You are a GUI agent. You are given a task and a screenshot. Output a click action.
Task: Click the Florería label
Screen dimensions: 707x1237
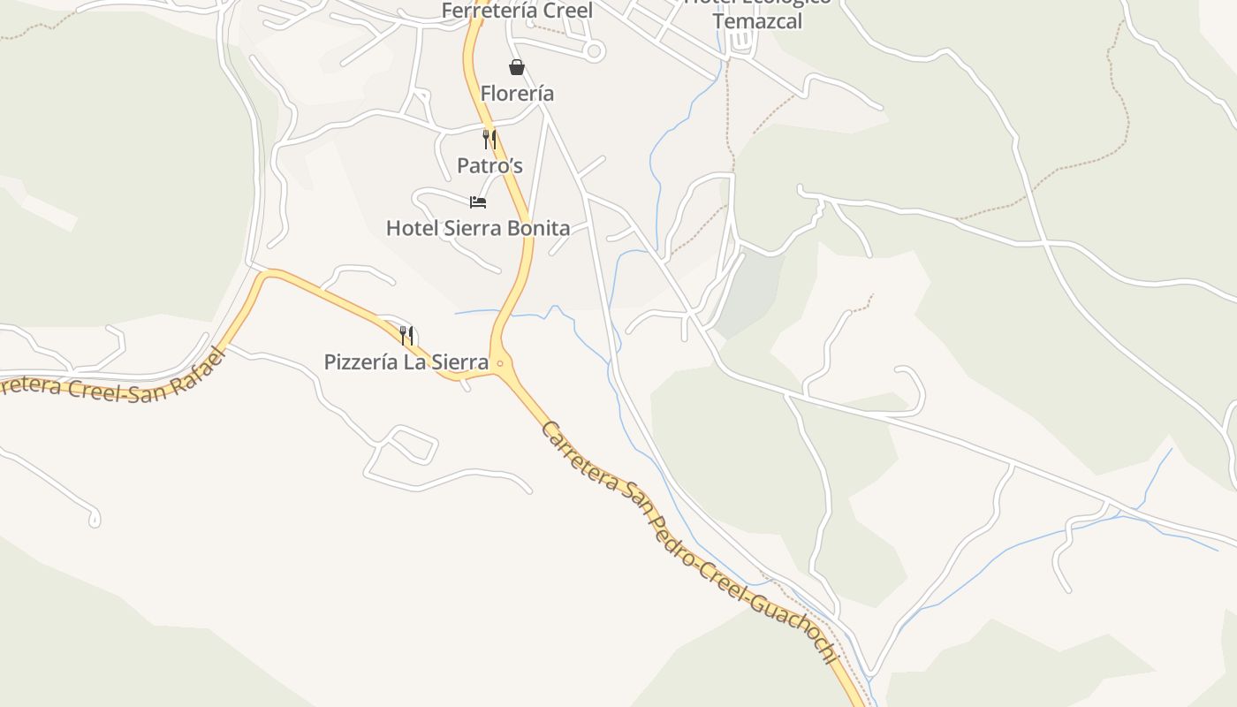pos(517,93)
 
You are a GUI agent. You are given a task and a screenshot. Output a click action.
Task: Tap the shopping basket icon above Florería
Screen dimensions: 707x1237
pos(517,67)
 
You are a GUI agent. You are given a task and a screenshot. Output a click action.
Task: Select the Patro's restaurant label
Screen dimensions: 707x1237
pos(489,165)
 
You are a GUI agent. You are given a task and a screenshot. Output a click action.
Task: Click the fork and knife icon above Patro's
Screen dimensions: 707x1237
pos(489,139)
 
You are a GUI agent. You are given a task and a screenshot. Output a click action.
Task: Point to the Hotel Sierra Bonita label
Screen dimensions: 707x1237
pos(478,228)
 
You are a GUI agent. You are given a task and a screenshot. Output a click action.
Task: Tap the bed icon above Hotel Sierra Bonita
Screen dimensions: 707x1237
pos(478,202)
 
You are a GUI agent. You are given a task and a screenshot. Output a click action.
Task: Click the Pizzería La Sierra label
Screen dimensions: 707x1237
pos(406,362)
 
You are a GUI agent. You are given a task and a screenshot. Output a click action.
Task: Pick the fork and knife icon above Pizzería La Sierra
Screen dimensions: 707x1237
pos(406,336)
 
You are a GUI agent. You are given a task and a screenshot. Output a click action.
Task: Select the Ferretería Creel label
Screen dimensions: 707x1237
pos(517,11)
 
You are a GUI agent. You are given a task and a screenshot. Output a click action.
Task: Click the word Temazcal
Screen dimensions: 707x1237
pos(757,22)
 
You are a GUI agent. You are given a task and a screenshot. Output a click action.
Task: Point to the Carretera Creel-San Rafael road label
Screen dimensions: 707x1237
pos(106,381)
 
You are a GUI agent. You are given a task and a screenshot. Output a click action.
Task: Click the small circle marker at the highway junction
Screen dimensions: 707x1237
pos(500,363)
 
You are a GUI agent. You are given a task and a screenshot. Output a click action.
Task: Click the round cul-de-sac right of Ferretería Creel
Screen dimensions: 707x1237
pos(594,51)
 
